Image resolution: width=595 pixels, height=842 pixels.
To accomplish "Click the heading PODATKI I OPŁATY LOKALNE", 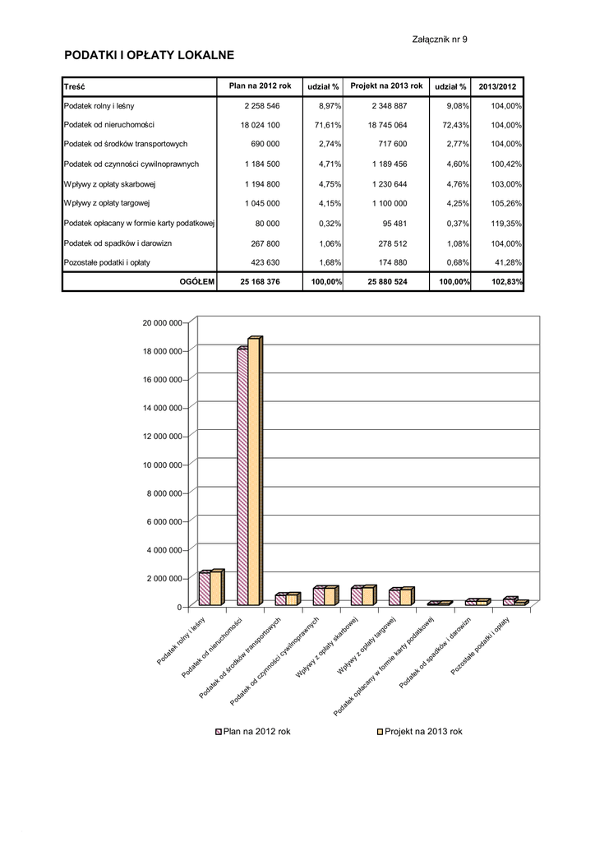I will (x=150, y=55).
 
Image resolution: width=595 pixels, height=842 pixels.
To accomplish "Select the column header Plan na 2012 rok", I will (x=261, y=86).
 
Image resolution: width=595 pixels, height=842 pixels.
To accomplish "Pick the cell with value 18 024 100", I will (x=261, y=125).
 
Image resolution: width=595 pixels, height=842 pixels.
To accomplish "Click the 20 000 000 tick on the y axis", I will (x=164, y=323).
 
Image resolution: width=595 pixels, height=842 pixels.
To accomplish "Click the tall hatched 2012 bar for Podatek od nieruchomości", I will (x=242, y=477).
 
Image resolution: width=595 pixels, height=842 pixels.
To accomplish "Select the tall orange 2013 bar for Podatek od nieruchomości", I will (x=253, y=473).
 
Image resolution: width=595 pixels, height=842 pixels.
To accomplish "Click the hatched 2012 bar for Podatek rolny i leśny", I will (x=204, y=590).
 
